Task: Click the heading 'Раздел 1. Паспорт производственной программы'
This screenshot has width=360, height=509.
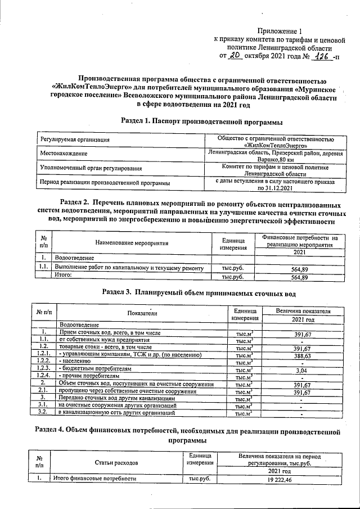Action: tap(201, 121)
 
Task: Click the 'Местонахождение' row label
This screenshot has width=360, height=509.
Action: tap(65, 154)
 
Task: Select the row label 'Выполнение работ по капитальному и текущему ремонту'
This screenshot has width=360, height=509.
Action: tap(129, 269)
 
